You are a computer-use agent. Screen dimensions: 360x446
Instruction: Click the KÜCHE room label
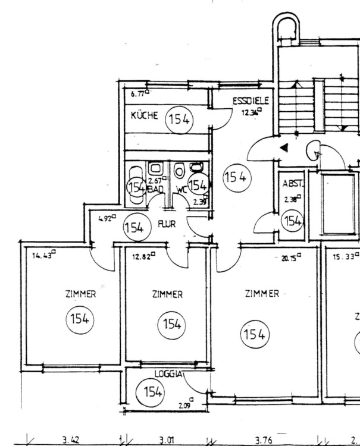click(x=145, y=115)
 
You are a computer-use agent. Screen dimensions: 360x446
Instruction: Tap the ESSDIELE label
click(x=246, y=101)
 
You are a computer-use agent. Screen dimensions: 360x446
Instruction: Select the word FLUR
click(x=167, y=224)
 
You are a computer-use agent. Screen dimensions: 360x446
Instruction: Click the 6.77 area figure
click(x=137, y=93)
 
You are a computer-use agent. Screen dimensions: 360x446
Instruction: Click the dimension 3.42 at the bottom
click(x=71, y=439)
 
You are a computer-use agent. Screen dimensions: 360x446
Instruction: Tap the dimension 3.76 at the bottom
click(x=264, y=439)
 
